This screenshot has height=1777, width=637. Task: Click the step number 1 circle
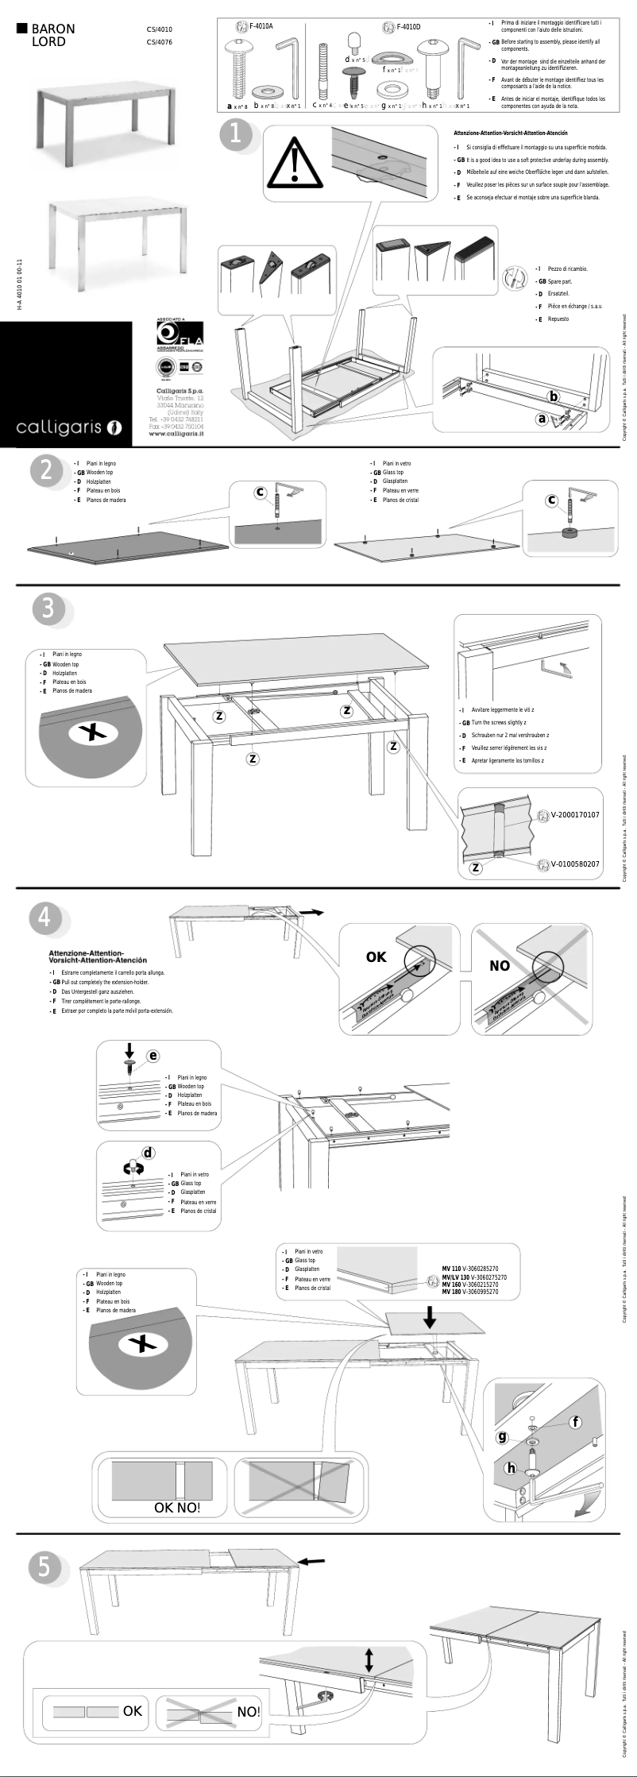235,134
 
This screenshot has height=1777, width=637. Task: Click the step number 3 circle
48,608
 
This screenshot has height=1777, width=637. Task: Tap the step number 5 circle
44,1567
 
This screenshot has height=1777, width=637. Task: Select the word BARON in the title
53,29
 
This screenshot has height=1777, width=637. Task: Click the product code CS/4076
159,42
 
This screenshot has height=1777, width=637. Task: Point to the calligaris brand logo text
60,428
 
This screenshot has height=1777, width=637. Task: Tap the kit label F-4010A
261,26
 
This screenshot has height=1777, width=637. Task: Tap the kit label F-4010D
408,27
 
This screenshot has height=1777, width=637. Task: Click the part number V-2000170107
575,815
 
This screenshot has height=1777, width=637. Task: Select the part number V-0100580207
575,863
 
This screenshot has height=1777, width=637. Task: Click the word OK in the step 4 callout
376,957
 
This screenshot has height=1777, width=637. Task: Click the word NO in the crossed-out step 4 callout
500,966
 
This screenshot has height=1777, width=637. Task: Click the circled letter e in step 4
152,1056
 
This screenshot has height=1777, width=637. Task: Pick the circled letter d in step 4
148,1153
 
